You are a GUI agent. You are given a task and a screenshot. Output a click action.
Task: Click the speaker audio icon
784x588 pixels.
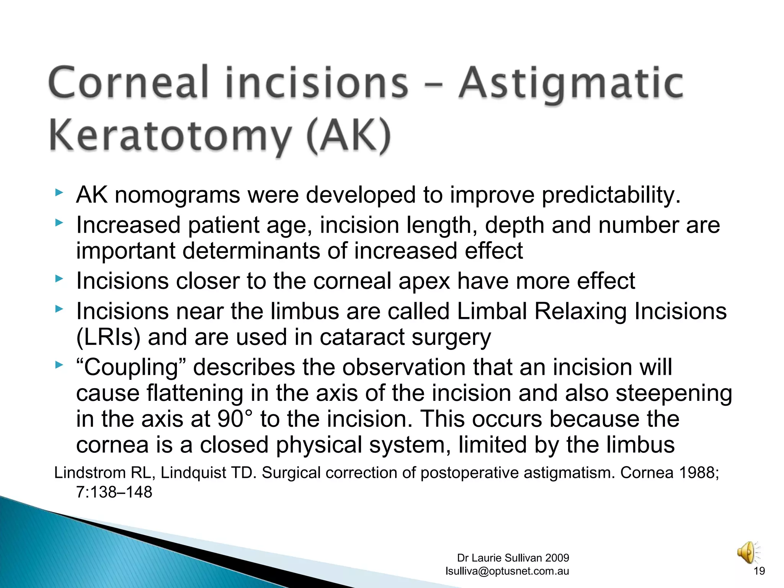pyautogui.click(x=748, y=552)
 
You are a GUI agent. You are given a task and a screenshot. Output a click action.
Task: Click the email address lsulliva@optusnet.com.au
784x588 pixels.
pyautogui.click(x=507, y=571)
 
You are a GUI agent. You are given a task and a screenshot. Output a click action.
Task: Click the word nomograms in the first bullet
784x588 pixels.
pyautogui.click(x=177, y=195)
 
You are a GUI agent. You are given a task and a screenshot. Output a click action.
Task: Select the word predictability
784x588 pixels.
pyautogui.click(x=611, y=195)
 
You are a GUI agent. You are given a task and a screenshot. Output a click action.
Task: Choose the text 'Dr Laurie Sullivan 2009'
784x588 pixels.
pyautogui.click(x=513, y=558)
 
